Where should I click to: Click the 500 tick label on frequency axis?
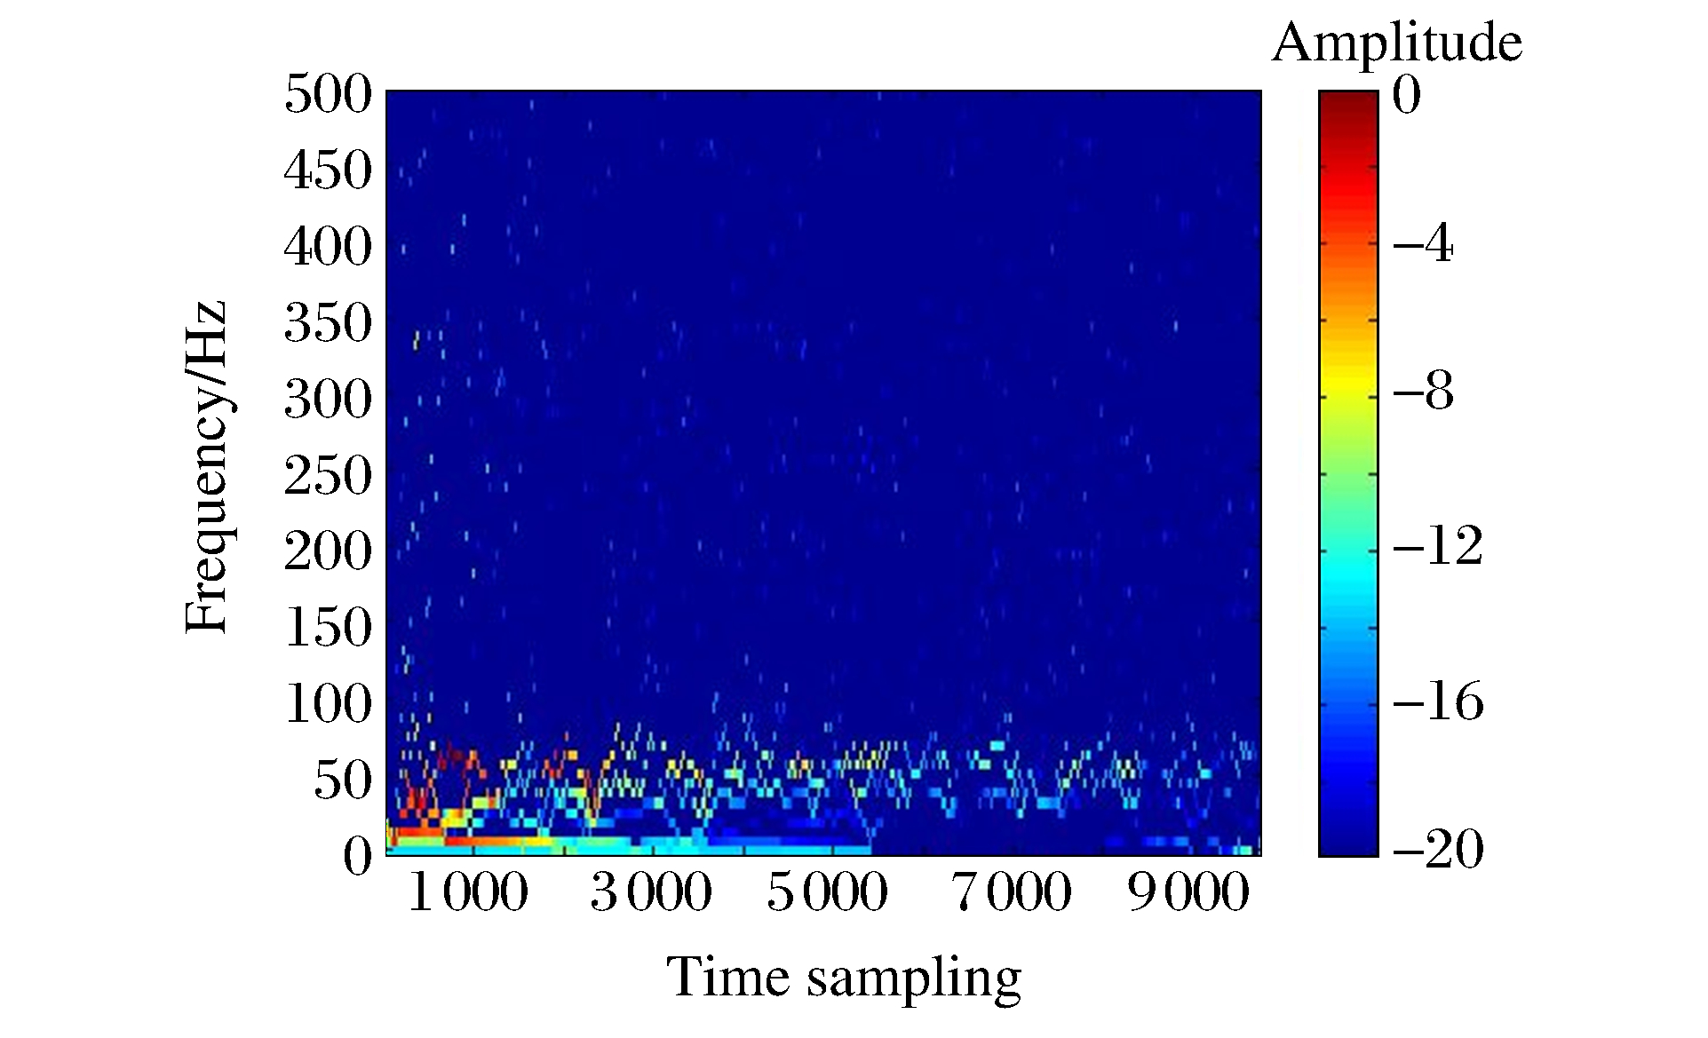[x=328, y=93]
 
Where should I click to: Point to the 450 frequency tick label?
[x=328, y=170]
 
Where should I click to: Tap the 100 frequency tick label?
[x=328, y=704]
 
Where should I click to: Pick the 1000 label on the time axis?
[x=467, y=892]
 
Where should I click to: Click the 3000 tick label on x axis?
[x=651, y=892]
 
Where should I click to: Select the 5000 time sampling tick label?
[x=827, y=892]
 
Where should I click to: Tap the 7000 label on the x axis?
[x=1012, y=892]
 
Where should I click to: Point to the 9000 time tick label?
[x=1188, y=892]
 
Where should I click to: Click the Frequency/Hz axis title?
[x=206, y=468]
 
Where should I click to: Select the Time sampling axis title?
[x=844, y=979]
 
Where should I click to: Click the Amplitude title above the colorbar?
[x=1396, y=43]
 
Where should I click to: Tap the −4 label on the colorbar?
[x=1423, y=242]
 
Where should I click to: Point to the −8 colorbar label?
[x=1423, y=390]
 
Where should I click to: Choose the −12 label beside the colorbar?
[x=1437, y=544]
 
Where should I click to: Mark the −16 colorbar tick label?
[x=1437, y=701]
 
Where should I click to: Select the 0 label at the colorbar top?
[x=1407, y=94]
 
